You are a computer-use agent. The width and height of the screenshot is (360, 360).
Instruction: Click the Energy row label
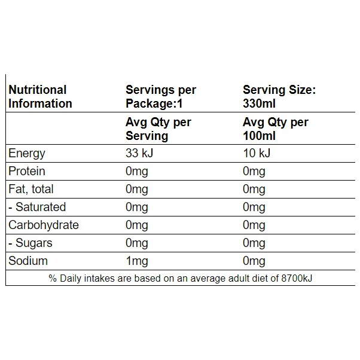(x=27, y=154)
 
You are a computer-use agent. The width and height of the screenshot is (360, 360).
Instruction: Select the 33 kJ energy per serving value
(x=139, y=153)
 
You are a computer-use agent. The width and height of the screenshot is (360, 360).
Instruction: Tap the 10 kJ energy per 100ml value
(x=257, y=153)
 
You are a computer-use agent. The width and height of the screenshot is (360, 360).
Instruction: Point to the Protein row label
(x=27, y=171)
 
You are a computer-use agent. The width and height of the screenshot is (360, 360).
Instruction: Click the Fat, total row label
(x=31, y=190)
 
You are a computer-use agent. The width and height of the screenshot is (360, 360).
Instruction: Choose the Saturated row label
(x=37, y=207)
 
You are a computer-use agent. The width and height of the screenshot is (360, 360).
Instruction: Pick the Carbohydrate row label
(x=44, y=225)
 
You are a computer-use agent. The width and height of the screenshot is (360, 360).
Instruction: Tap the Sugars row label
(x=30, y=243)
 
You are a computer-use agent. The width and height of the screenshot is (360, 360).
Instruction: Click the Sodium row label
(x=28, y=261)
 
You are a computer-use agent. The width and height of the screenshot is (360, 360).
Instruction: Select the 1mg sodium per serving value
(x=137, y=262)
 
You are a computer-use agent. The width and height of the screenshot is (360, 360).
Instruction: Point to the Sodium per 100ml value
(x=254, y=262)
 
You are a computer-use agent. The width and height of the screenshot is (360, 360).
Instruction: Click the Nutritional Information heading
(x=41, y=97)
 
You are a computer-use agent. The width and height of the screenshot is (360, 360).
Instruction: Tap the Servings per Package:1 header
(x=161, y=97)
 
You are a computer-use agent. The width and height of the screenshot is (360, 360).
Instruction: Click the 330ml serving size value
(x=259, y=103)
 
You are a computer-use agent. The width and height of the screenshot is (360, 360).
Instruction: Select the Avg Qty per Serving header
(x=158, y=129)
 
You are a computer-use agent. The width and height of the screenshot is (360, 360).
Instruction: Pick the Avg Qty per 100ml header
(x=276, y=129)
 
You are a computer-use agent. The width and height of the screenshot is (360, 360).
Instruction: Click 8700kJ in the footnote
(x=297, y=279)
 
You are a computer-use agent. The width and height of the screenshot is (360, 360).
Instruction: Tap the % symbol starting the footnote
(x=53, y=279)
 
